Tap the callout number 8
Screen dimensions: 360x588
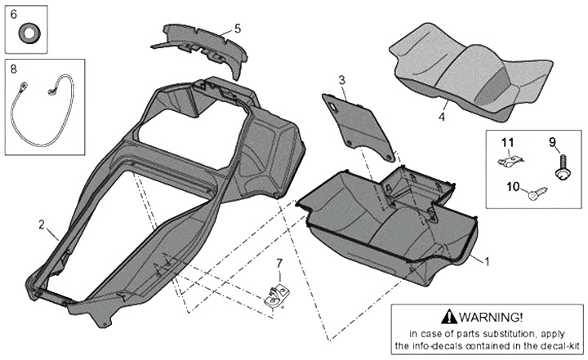tap(14, 70)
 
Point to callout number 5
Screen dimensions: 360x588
tap(237, 29)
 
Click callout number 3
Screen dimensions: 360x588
tap(343, 79)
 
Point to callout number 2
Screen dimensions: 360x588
tap(42, 223)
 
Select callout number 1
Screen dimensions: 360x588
tap(488, 262)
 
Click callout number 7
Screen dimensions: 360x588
tap(278, 263)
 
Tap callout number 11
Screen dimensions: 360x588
tap(508, 143)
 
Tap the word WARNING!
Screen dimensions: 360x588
tap(492, 317)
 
